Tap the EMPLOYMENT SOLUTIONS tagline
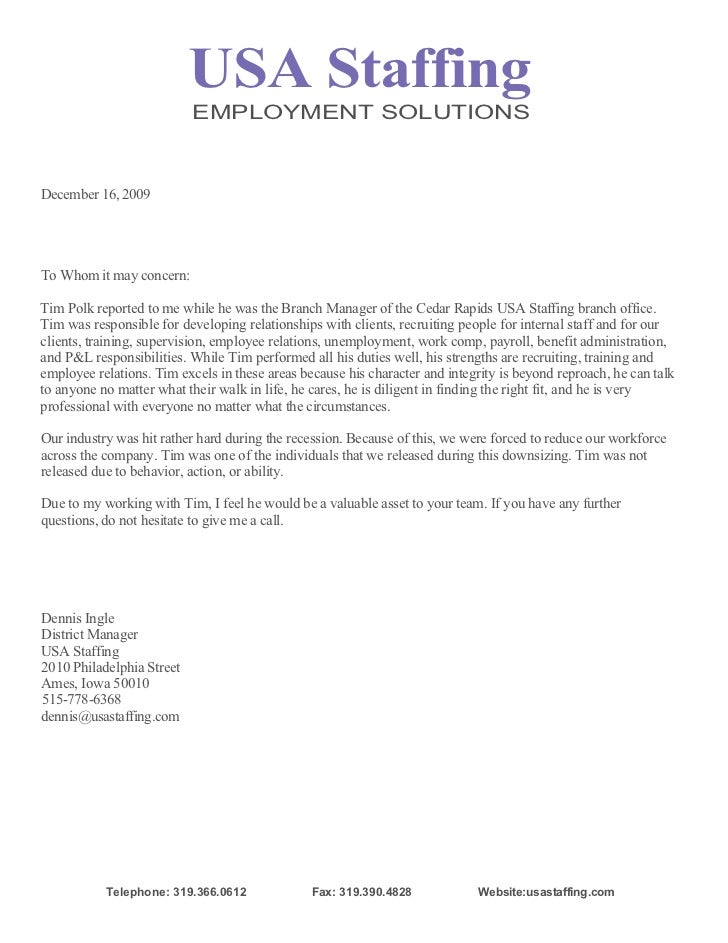(x=360, y=112)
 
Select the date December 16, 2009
(x=95, y=194)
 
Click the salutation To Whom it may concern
(x=115, y=275)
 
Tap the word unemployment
(x=368, y=341)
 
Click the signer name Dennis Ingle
(x=78, y=619)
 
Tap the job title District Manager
(x=89, y=635)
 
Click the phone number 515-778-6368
(x=81, y=700)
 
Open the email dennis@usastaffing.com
(x=110, y=716)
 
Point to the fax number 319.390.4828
(x=375, y=892)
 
